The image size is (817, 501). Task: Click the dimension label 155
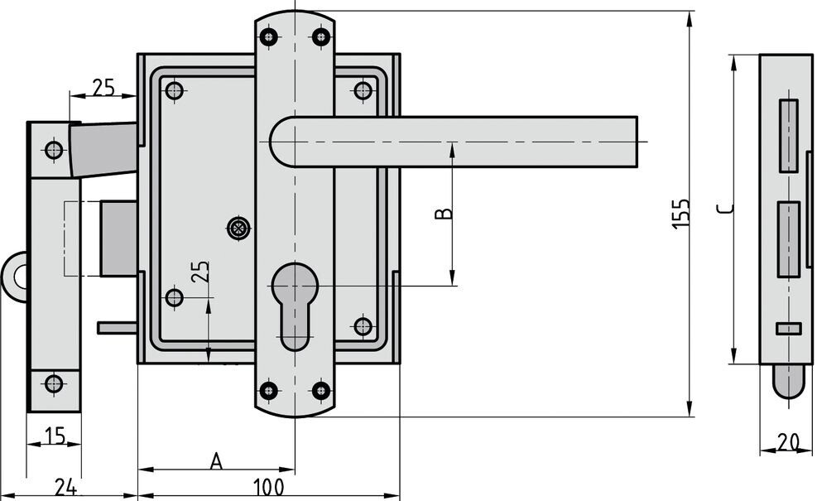[681, 213]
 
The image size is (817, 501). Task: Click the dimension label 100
[269, 488]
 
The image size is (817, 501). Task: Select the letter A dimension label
[216, 461]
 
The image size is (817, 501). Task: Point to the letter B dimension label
[444, 213]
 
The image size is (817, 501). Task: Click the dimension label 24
[66, 488]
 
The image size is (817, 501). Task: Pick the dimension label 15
[54, 436]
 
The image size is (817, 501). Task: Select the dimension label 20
[788, 442]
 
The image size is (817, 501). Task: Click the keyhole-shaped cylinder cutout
[295, 306]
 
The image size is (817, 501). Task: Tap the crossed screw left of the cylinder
[239, 227]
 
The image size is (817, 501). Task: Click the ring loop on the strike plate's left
[14, 277]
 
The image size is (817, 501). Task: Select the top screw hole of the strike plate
[54, 150]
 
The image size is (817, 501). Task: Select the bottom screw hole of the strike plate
[54, 384]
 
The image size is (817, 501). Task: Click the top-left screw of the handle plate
[269, 36]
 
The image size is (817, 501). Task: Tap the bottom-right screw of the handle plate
[321, 390]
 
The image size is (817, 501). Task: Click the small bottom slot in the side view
[788, 329]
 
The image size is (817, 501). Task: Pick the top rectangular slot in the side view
[789, 135]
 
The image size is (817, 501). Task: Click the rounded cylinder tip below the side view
[789, 381]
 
